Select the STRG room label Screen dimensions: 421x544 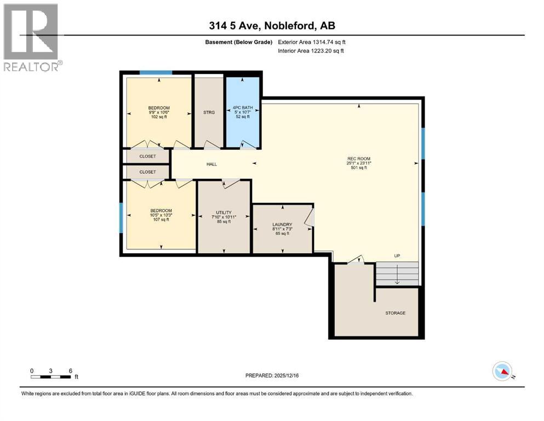point(209,112)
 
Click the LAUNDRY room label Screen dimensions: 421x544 point(282,224)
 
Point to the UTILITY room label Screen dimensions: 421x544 point(224,212)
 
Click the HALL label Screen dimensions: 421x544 point(211,164)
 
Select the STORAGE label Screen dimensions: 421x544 point(395,313)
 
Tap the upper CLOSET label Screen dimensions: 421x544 point(147,156)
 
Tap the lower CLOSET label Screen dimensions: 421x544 point(147,172)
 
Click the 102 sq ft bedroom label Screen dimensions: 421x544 point(159,107)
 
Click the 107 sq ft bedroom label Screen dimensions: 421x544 point(161,210)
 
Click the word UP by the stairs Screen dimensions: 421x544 point(397,256)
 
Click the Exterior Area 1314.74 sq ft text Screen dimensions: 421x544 point(312,42)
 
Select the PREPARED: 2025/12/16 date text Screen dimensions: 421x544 point(272,376)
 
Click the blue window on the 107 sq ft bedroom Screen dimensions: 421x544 point(121,217)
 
